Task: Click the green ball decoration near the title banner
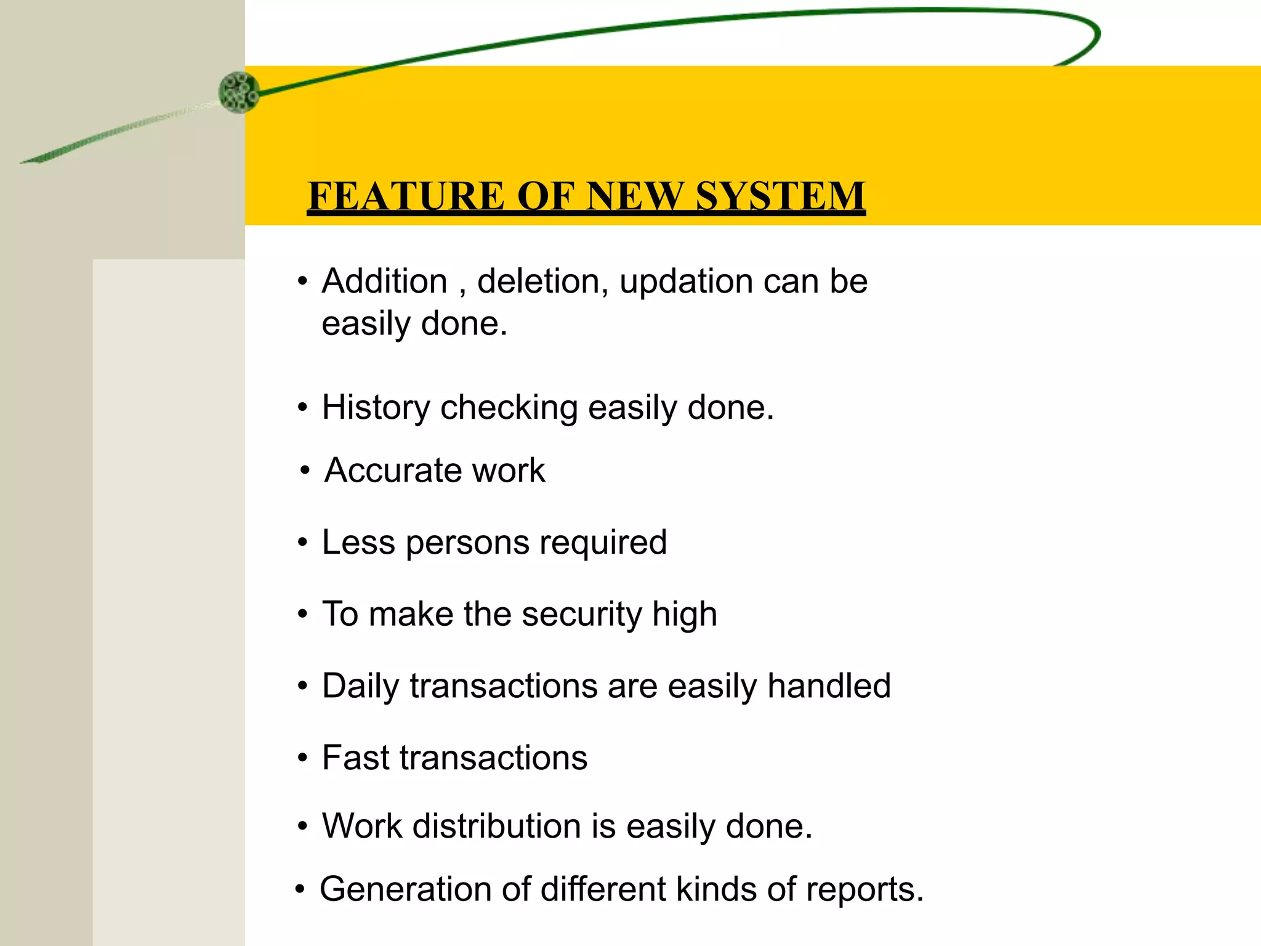point(239,92)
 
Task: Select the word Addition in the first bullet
point(384,281)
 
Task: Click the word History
point(376,408)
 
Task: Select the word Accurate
point(393,471)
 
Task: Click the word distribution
point(496,826)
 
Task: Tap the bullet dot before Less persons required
point(302,543)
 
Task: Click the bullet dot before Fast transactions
point(302,758)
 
